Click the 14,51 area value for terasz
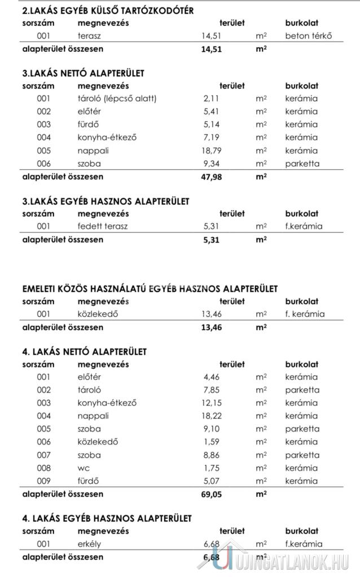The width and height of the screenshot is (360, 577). click(x=212, y=36)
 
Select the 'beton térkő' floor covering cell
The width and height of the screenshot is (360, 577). click(x=308, y=36)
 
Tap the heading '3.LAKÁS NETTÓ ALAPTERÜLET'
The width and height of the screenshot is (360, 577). click(x=83, y=73)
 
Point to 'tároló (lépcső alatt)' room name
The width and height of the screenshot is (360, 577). click(x=117, y=99)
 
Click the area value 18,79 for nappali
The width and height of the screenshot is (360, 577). click(x=213, y=151)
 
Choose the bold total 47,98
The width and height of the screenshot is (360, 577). click(x=212, y=177)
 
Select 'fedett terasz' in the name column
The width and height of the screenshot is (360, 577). click(x=103, y=226)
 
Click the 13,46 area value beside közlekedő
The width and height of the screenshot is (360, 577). click(x=212, y=314)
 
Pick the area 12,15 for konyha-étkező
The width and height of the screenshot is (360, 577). click(x=213, y=403)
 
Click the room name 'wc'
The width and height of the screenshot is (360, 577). click(x=84, y=468)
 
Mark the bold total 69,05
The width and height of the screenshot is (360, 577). click(x=212, y=495)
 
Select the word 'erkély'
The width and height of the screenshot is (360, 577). click(x=89, y=544)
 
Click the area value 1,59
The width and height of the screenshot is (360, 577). click(x=213, y=442)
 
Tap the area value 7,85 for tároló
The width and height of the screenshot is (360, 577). click(x=213, y=390)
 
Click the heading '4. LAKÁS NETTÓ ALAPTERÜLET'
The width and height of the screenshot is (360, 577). click(x=84, y=351)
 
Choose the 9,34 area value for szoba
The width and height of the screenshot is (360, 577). click(x=213, y=164)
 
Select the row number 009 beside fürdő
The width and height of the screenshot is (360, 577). click(x=43, y=481)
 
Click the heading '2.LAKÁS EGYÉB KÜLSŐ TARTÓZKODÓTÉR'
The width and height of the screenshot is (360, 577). click(x=107, y=11)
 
